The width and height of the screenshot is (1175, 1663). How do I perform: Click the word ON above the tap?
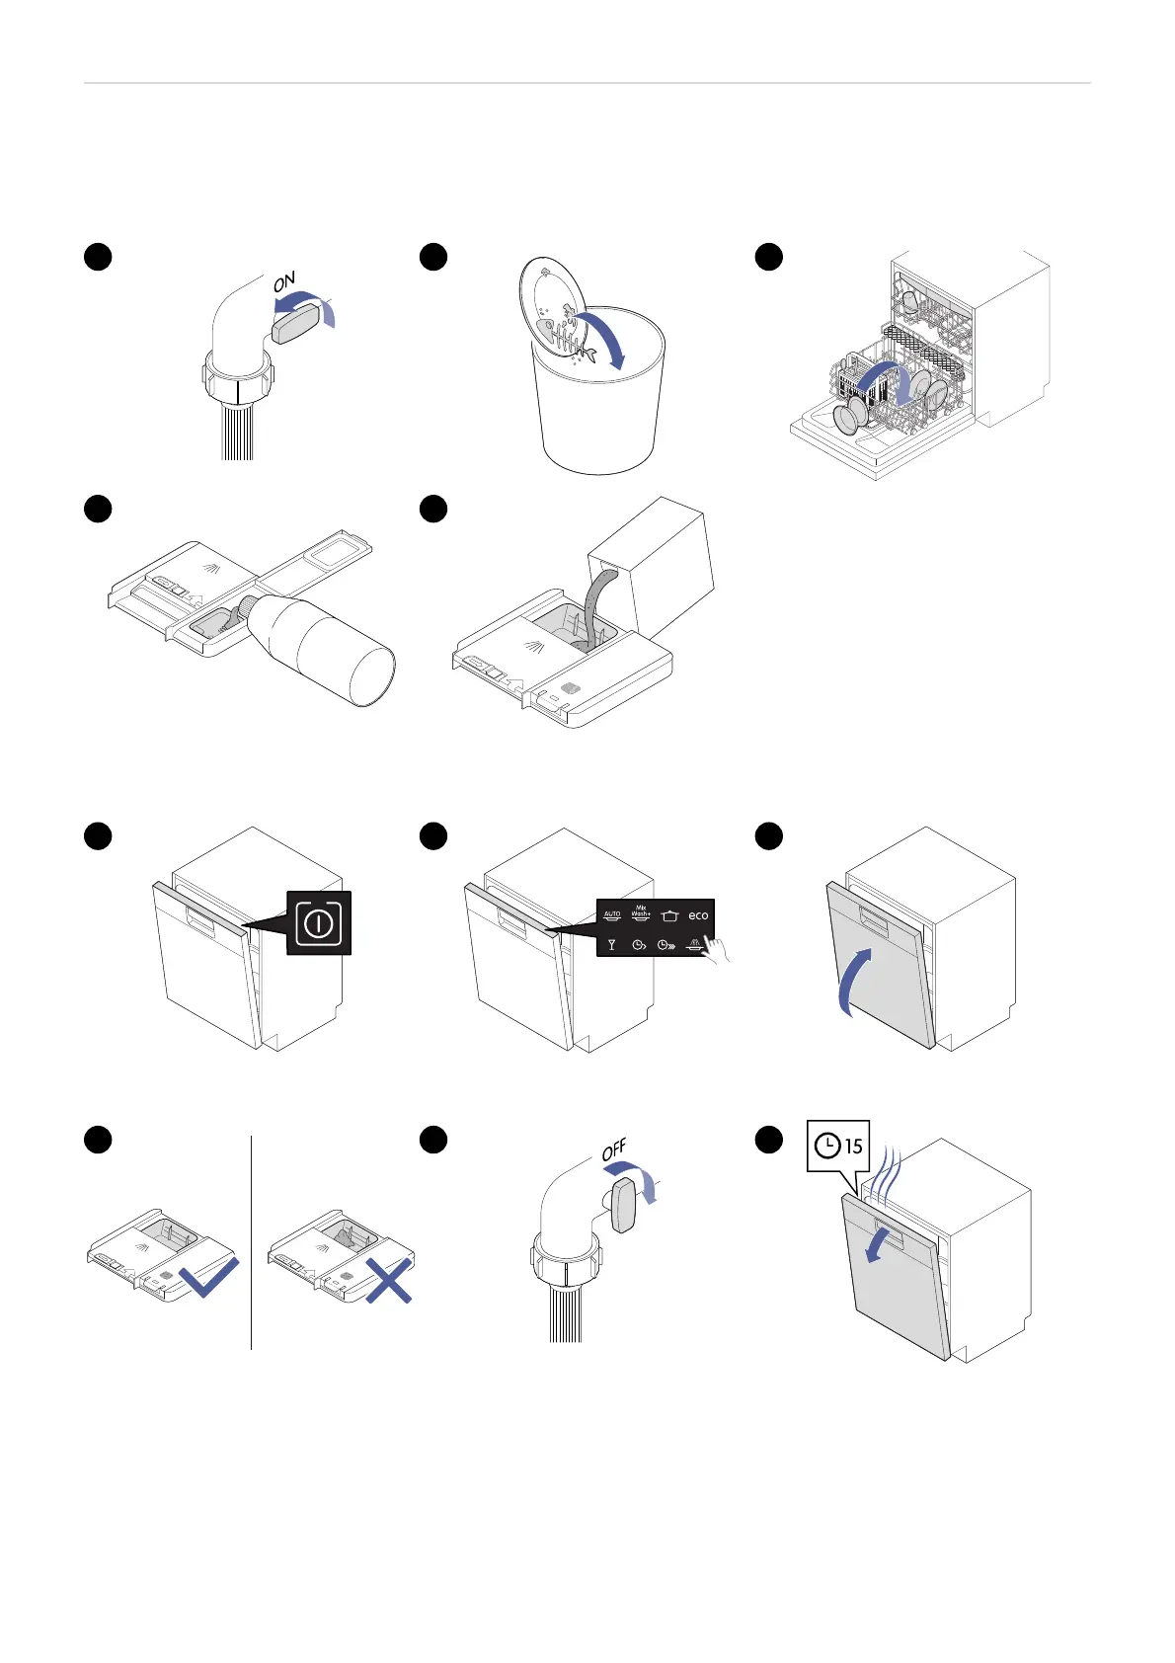284,281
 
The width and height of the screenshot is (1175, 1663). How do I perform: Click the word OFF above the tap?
614,1151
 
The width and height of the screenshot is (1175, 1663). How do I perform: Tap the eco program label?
698,915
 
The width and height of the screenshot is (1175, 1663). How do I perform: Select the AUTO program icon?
612,915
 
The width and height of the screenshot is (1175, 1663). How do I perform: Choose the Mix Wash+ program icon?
641,912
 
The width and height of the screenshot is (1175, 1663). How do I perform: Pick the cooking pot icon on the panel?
669,916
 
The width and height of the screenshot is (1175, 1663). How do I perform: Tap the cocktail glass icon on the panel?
612,945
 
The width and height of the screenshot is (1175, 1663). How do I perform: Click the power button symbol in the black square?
319,923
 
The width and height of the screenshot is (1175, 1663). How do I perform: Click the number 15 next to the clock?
853,1147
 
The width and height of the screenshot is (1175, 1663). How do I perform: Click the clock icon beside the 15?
827,1146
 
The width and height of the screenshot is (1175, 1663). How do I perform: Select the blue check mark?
209,1276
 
